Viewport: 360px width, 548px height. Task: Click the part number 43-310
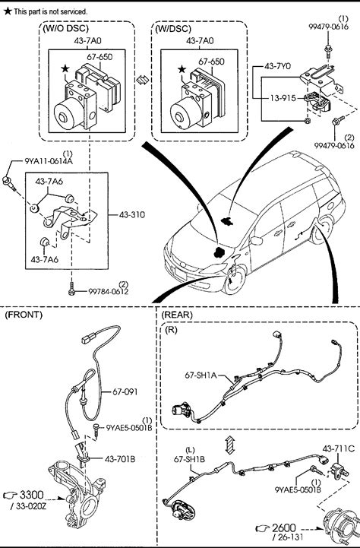(132, 214)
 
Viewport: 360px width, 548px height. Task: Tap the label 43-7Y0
(277, 65)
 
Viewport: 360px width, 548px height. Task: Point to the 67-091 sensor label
(125, 391)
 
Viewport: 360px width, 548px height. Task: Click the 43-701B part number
(120, 459)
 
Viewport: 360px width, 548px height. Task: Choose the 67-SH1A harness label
(201, 375)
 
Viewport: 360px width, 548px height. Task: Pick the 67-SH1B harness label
(189, 459)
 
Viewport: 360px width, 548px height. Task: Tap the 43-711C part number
(338, 448)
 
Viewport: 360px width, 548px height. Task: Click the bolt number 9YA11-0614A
(49, 161)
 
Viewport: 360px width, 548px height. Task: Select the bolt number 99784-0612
(109, 291)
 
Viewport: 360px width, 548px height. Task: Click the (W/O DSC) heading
(65, 28)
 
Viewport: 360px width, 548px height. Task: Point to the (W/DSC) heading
(173, 28)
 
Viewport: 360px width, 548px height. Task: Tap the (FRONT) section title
(24, 315)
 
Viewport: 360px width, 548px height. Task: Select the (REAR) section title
(177, 315)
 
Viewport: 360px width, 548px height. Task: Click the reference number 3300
(31, 495)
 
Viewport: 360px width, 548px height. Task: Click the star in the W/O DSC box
(65, 69)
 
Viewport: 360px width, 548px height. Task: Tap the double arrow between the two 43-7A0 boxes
(143, 80)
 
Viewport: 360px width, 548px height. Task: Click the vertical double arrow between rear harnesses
(229, 445)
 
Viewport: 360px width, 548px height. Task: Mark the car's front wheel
(234, 280)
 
